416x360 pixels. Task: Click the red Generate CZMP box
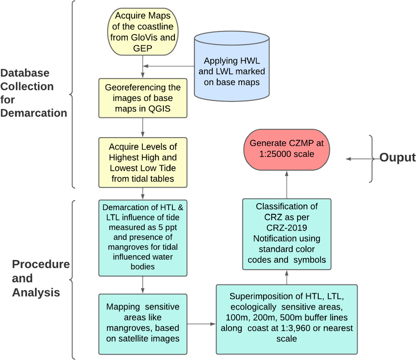click(286, 149)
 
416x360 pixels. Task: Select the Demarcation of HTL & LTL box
click(143, 237)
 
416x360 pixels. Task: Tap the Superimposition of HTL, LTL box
click(286, 319)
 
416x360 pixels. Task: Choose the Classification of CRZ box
click(286, 234)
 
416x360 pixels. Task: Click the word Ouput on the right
click(397, 158)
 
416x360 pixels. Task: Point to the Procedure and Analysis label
click(40, 278)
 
